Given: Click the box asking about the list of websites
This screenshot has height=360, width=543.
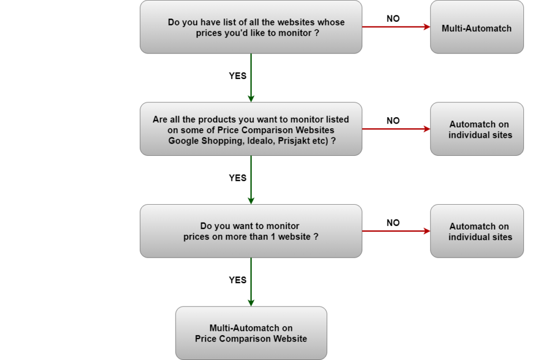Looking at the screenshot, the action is click(x=251, y=27).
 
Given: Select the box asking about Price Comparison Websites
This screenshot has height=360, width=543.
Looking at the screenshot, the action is click(x=251, y=129).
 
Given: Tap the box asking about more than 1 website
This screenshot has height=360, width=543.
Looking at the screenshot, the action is click(x=251, y=231).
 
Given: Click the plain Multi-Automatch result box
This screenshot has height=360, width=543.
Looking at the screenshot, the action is click(x=477, y=27).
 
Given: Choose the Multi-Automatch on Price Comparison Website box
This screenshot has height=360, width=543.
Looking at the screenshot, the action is click(x=251, y=333).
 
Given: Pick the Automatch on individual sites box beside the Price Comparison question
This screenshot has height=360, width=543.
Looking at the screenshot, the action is click(x=477, y=129).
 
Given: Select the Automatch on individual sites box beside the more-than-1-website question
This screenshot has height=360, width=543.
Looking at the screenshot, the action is click(x=477, y=231).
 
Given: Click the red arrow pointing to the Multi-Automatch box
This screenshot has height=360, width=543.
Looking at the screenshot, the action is click(x=396, y=27).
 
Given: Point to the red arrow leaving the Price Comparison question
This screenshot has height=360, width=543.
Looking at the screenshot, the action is click(x=396, y=129).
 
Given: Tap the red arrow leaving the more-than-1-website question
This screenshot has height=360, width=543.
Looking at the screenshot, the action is click(x=396, y=231).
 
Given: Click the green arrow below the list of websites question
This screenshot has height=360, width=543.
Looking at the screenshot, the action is click(x=251, y=78).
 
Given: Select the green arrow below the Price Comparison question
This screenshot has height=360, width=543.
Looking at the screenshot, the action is click(x=251, y=180).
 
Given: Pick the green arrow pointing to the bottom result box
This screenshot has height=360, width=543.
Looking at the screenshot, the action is click(x=251, y=282).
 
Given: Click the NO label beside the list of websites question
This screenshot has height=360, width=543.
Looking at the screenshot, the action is click(x=393, y=19).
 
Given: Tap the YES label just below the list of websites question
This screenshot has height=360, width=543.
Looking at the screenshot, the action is click(x=238, y=76).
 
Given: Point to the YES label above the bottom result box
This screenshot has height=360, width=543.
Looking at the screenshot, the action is click(x=238, y=280).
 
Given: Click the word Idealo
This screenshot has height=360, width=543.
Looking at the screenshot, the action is click(x=261, y=141).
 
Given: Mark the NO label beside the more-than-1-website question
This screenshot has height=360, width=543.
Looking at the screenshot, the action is click(x=393, y=223).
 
